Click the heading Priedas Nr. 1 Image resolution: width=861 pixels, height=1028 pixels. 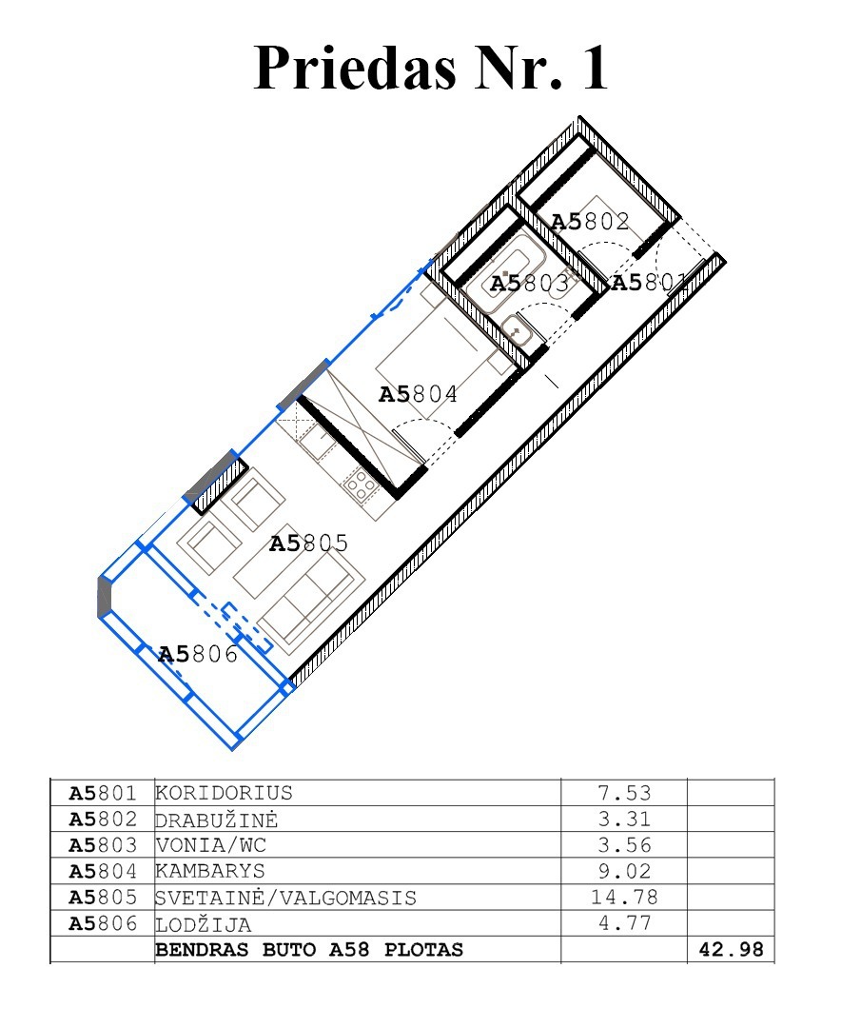431,68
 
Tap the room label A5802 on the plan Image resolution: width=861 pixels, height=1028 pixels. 591,222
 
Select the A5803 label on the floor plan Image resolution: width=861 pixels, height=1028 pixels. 529,284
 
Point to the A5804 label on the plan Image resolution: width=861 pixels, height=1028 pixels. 418,394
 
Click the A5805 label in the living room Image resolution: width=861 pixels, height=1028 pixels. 308,543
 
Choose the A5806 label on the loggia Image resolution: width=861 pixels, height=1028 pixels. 198,654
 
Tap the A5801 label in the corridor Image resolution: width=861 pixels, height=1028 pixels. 649,283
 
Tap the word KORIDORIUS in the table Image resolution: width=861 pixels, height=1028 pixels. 224,793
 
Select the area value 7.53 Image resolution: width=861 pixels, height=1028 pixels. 624,793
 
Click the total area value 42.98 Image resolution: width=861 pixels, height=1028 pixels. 732,949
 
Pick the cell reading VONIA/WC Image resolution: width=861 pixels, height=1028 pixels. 210,845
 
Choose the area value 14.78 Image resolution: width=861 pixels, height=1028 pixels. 624,897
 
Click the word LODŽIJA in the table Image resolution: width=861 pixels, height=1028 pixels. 204,923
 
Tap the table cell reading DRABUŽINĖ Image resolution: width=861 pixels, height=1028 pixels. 216,819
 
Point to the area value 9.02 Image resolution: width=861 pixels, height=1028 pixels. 624,871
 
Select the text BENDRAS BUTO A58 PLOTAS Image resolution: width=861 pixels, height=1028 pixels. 309,949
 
